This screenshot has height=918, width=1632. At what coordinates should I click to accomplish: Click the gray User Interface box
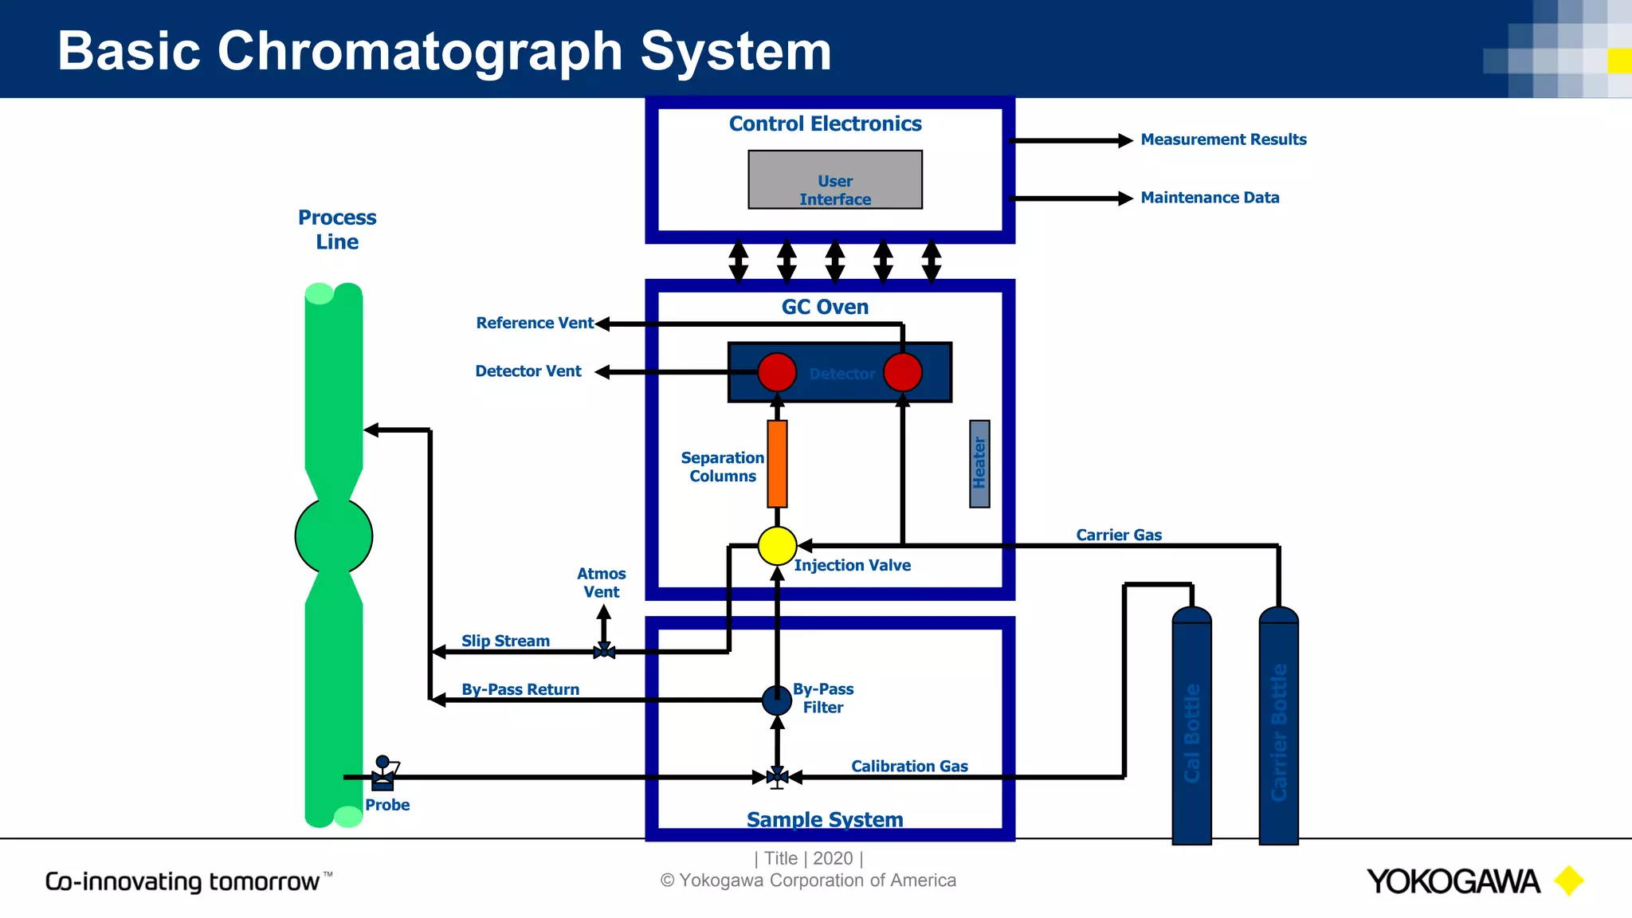[x=834, y=180]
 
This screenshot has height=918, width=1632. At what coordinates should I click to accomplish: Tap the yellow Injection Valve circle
[x=777, y=546]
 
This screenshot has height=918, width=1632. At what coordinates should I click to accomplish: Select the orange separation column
[x=777, y=464]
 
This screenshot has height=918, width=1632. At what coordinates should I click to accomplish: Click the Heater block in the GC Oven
[x=979, y=464]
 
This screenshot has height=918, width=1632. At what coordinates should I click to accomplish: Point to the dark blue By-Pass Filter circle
[x=777, y=700]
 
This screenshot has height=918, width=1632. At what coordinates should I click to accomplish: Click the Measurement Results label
[x=1223, y=139]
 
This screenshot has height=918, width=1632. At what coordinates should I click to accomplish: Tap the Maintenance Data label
[x=1210, y=198]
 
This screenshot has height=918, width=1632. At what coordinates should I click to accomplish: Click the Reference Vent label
[x=534, y=323]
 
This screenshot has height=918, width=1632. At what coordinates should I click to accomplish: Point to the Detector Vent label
[x=528, y=371]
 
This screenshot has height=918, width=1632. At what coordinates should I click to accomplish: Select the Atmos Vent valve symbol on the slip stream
[x=604, y=652]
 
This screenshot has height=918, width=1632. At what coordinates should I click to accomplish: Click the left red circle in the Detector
[x=777, y=372]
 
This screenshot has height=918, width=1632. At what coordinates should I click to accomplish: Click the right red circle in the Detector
[x=903, y=372]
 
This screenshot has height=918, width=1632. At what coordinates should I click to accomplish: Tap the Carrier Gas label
[x=1119, y=535]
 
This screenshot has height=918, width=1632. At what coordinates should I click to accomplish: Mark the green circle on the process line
[x=334, y=535]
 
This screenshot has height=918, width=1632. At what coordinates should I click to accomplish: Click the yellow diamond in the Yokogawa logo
[x=1569, y=881]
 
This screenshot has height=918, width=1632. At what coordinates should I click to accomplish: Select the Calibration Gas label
[x=909, y=766]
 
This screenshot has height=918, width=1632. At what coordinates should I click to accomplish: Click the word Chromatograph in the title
[x=421, y=51]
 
